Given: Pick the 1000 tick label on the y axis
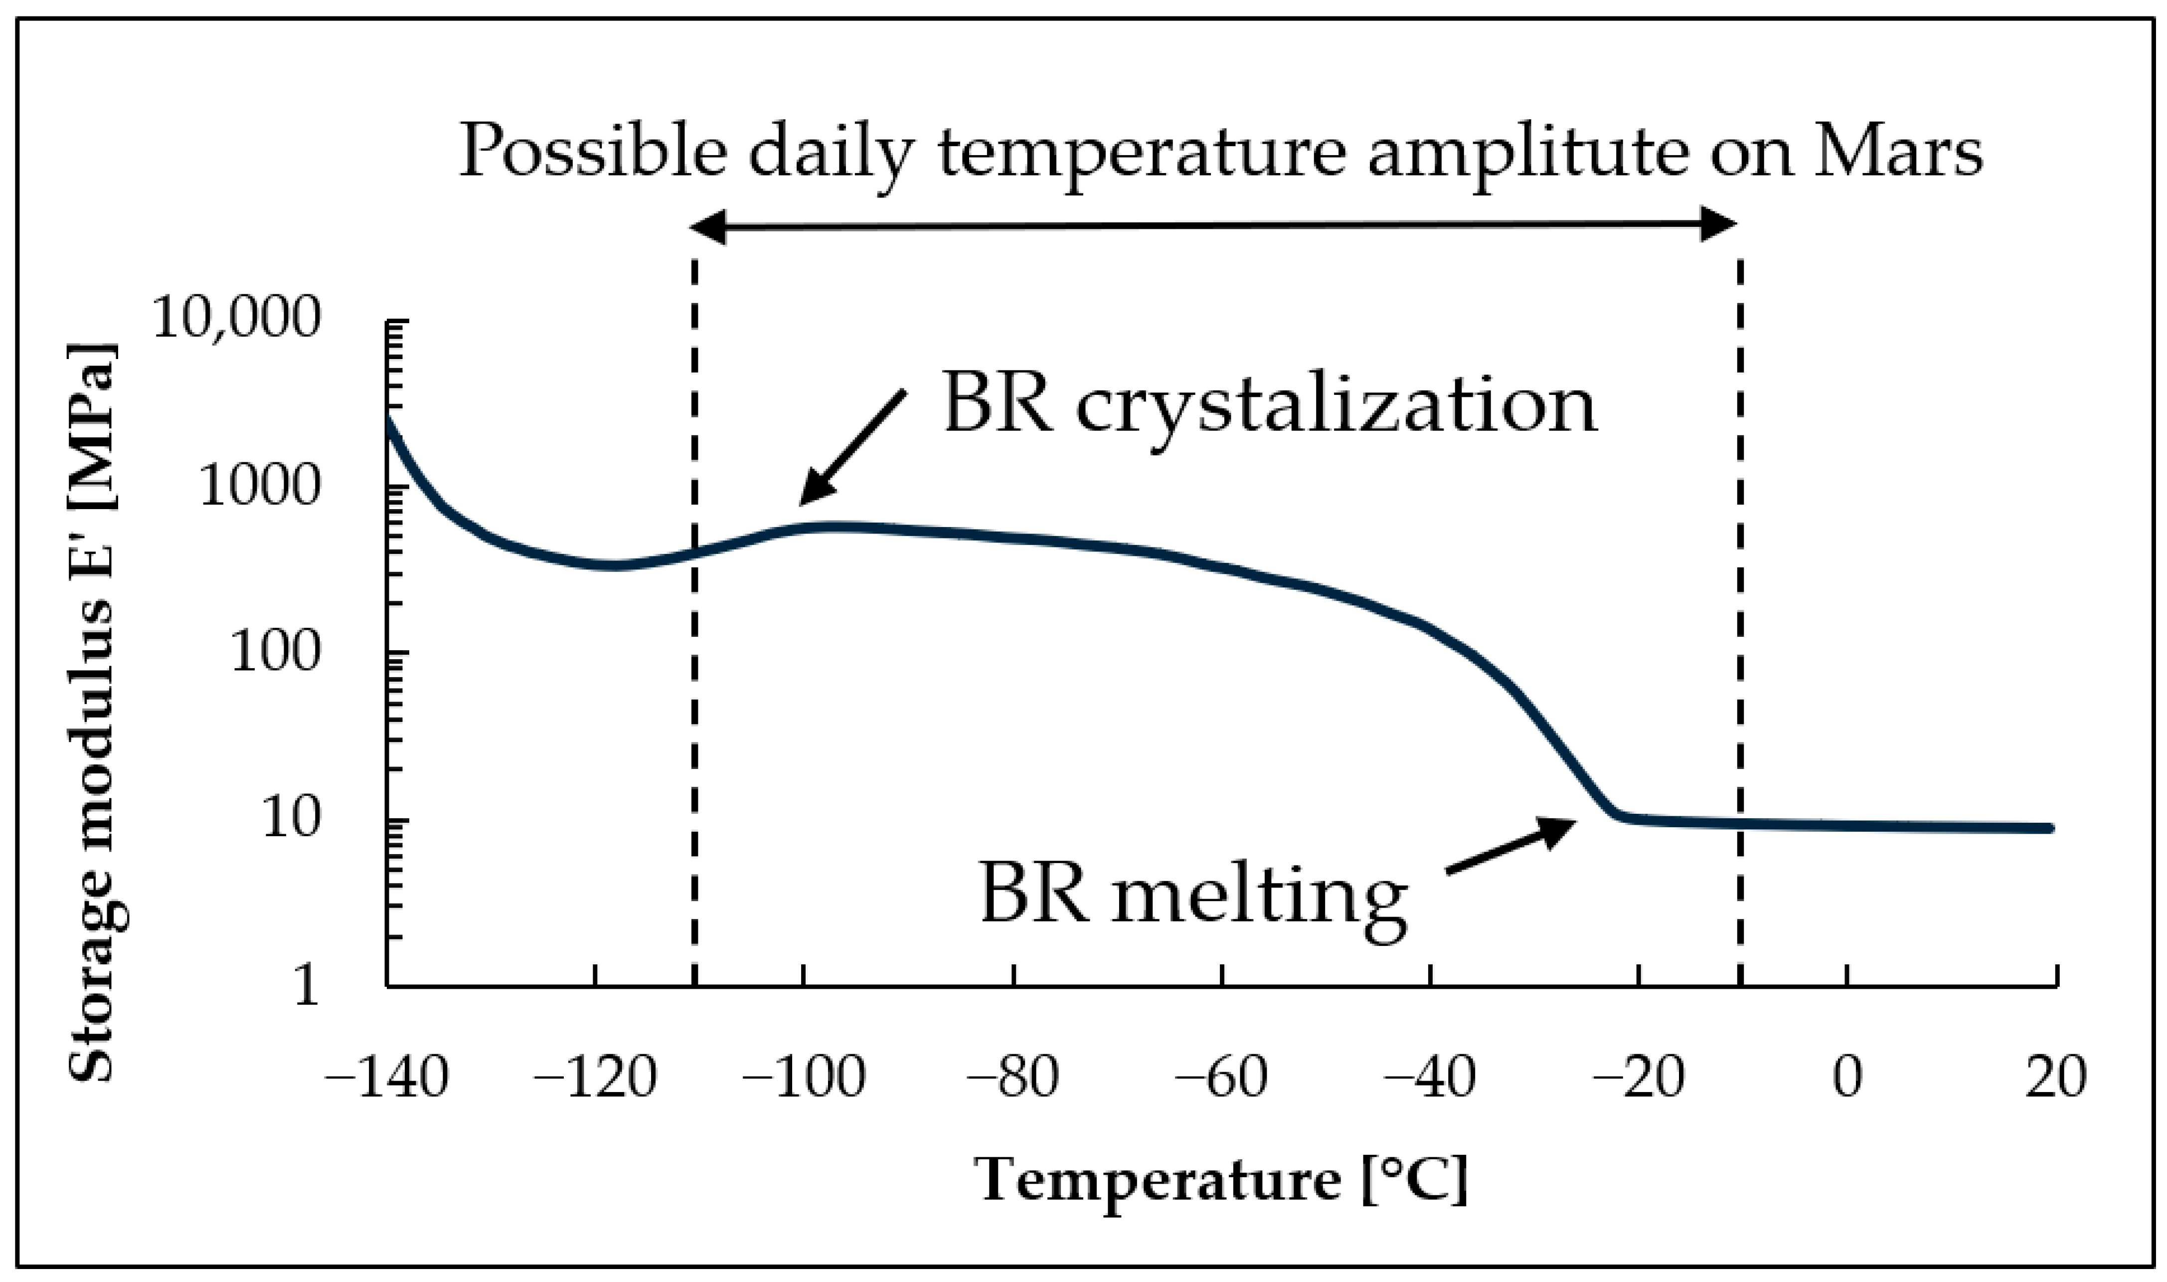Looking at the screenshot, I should [259, 486].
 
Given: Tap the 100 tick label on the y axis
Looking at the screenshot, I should [275, 653].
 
